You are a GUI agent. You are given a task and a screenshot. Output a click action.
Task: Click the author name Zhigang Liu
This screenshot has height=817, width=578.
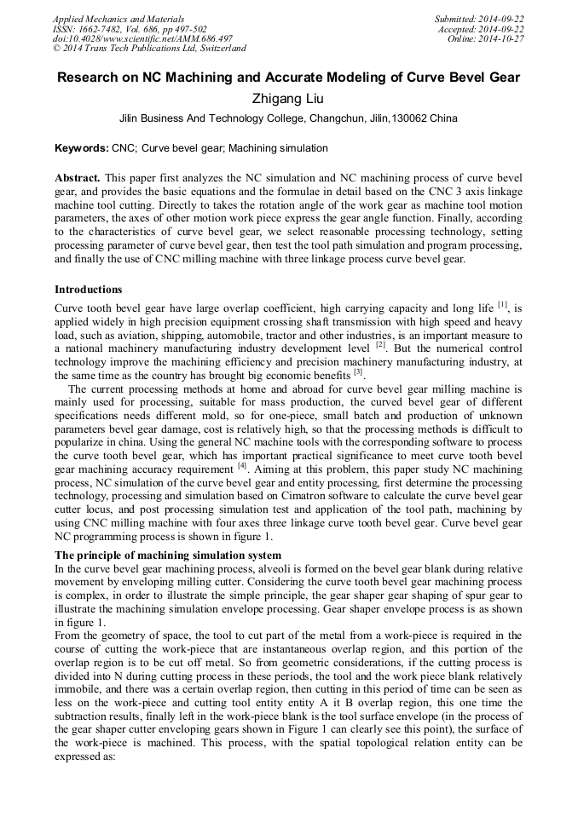(x=288, y=98)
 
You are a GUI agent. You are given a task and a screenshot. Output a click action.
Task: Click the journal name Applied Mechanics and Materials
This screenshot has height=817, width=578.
(x=118, y=19)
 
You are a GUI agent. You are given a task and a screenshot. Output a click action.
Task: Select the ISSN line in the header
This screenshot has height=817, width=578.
(x=130, y=29)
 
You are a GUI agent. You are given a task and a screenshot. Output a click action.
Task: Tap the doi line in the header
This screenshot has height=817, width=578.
(x=142, y=38)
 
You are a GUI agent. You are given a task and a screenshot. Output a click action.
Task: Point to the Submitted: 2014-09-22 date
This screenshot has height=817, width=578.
(x=479, y=19)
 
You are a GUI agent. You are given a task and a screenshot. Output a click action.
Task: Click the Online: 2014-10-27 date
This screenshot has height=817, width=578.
(x=486, y=38)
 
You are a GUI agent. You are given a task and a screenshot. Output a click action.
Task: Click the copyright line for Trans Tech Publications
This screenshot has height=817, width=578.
(x=149, y=49)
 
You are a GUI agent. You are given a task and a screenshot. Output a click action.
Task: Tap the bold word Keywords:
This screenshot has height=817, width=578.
(x=81, y=148)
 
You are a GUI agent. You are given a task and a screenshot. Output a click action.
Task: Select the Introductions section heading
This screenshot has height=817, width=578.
(x=88, y=290)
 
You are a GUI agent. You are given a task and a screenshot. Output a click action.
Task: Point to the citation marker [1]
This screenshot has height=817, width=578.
(x=503, y=305)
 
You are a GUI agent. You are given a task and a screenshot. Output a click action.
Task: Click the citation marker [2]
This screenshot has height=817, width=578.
(x=381, y=345)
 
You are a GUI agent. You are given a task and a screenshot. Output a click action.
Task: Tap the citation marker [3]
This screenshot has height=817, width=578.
(x=358, y=372)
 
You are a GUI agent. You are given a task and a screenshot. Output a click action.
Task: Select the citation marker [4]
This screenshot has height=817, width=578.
(x=243, y=466)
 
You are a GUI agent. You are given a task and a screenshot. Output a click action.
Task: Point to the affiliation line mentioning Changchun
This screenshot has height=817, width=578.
(x=288, y=118)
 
